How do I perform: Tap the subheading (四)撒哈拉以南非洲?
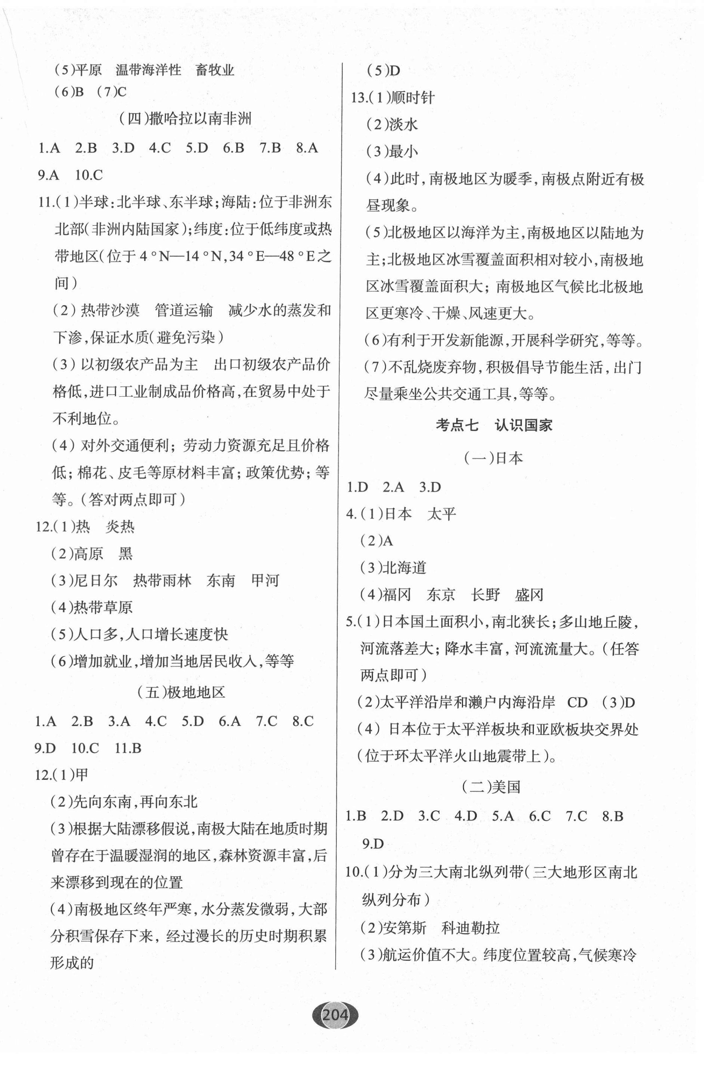tap(185, 119)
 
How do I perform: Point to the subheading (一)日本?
tap(493, 458)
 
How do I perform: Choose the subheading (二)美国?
tap(491, 786)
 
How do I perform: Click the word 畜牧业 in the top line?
tap(215, 70)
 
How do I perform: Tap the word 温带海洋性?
tap(148, 70)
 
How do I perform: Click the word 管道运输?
tap(184, 310)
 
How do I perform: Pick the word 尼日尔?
tap(96, 580)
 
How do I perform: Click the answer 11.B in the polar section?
tap(128, 748)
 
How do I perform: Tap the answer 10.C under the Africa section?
tap(89, 175)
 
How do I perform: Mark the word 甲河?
tap(265, 580)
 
